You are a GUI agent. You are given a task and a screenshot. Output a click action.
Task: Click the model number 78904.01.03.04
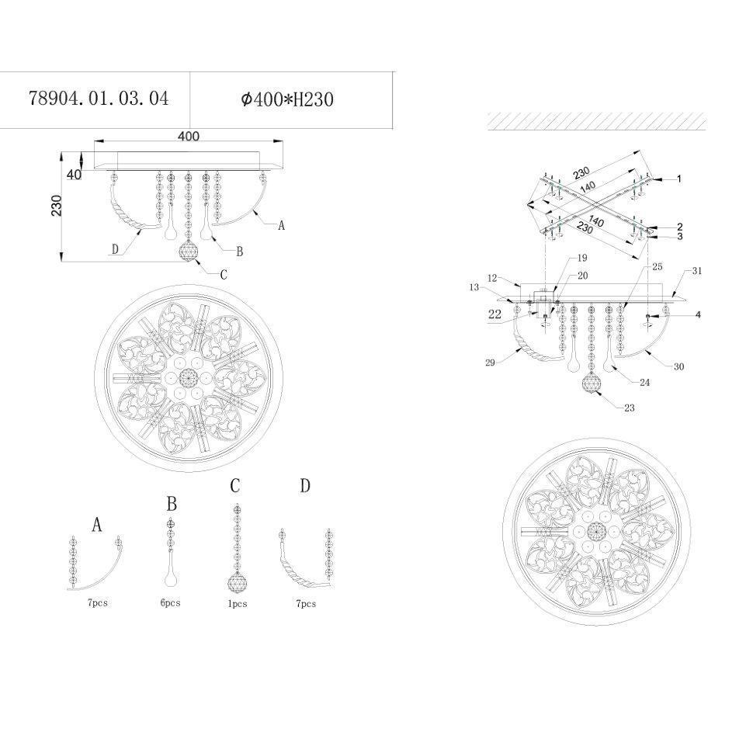click(x=99, y=99)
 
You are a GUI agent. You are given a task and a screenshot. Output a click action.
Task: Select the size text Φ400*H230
click(x=287, y=99)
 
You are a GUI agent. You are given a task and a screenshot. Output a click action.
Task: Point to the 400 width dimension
click(x=188, y=137)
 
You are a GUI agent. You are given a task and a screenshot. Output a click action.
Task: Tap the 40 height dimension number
click(x=74, y=175)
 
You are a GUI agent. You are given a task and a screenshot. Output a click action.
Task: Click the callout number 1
click(x=679, y=179)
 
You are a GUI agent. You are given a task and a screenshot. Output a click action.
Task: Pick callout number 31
click(x=697, y=271)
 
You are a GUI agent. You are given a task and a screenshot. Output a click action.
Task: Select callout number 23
click(x=629, y=408)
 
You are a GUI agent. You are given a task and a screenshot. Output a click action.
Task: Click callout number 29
click(x=490, y=363)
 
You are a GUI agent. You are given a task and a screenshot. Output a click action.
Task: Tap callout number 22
click(x=494, y=314)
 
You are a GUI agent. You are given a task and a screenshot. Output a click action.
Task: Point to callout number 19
click(x=582, y=258)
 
